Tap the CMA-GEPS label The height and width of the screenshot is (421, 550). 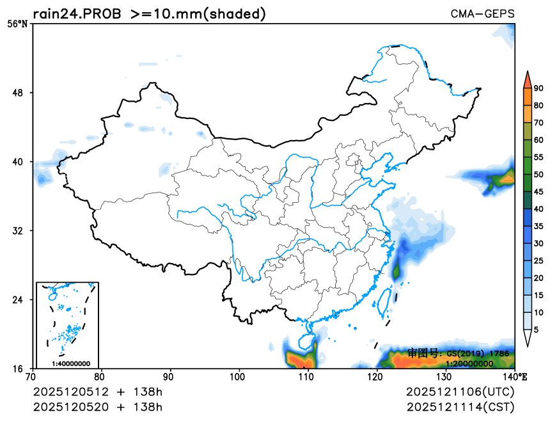click(482, 14)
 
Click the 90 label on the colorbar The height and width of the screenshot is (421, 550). click(538, 88)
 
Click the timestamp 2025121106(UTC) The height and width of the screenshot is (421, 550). click(460, 392)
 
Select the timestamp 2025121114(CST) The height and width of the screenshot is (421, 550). click(460, 407)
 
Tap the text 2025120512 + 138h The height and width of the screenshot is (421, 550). click(97, 392)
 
